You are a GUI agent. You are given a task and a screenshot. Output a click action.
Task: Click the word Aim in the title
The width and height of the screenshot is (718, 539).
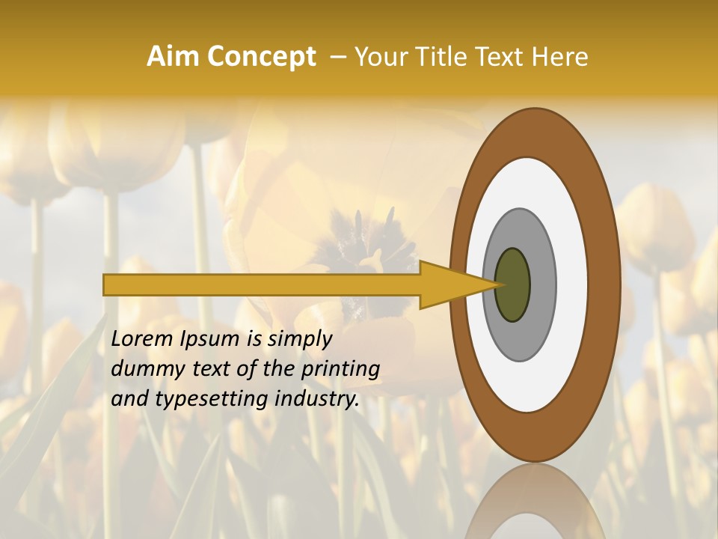173,57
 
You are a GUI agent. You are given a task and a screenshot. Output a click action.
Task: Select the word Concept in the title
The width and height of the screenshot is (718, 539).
261,57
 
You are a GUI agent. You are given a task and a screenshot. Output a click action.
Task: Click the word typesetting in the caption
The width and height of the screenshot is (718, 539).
197,399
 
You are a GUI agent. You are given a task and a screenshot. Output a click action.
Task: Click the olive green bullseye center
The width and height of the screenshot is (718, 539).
512,284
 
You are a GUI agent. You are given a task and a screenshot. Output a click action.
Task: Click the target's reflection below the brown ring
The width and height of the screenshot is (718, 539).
535,502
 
